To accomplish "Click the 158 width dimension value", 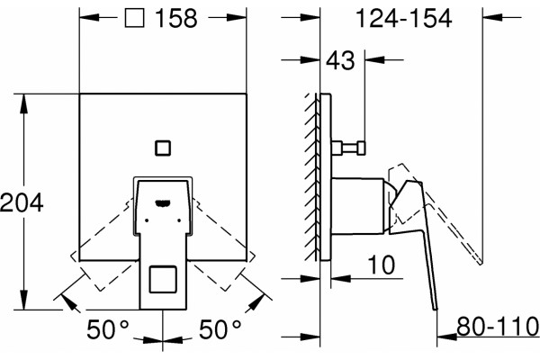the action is click(176, 18).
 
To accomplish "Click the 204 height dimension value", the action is click(22, 202).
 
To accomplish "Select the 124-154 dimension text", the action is click(403, 18).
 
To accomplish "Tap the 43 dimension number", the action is click(340, 60).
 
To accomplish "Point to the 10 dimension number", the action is click(382, 265).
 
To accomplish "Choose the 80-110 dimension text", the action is click(498, 326).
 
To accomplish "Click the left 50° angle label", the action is click(108, 329).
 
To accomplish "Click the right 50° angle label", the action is click(220, 329).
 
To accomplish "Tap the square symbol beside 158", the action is click(134, 18).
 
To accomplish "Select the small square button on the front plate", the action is click(163, 148).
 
